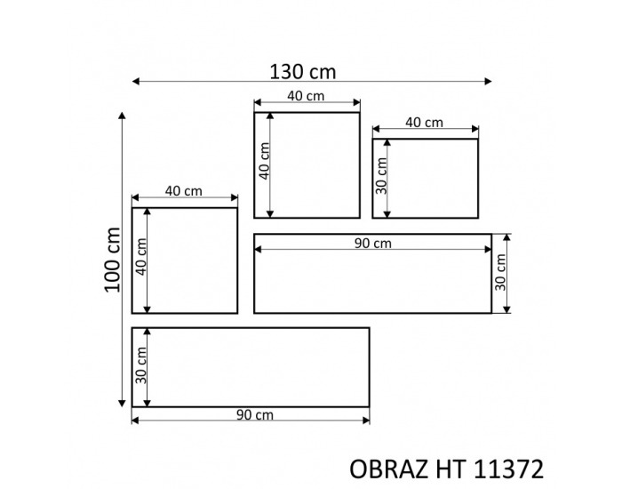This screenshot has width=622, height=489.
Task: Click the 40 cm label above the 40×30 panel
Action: pyautogui.click(x=425, y=123)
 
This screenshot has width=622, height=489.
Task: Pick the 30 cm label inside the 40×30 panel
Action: pyautogui.click(x=382, y=177)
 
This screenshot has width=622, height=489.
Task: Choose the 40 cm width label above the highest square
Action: pyautogui.click(x=307, y=97)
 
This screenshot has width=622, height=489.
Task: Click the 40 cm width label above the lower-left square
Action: pyautogui.click(x=184, y=191)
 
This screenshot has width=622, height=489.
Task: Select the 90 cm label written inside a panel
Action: pyautogui.click(x=371, y=244)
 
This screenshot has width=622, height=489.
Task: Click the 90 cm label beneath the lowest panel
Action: pyautogui.click(x=254, y=415)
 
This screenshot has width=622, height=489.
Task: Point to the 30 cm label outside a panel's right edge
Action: pyautogui.click(x=500, y=274)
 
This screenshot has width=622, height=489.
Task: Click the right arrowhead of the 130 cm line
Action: pyautogui.click(x=488, y=82)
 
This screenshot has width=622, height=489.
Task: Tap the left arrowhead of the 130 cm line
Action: pyautogui.click(x=136, y=82)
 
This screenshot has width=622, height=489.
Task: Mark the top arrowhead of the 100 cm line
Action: pyautogui.click(x=122, y=116)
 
